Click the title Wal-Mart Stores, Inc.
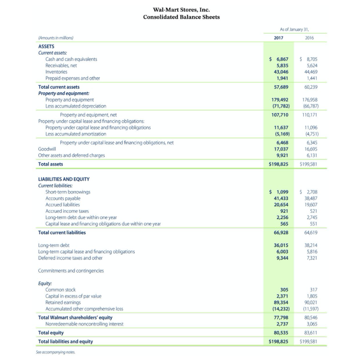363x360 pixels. [x=181, y=9]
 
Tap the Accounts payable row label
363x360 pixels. [x=63, y=198]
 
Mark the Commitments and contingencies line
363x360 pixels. [x=71, y=271]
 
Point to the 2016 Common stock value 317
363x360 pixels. [x=313, y=290]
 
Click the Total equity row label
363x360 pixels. [x=51, y=333]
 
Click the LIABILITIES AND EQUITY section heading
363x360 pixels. [x=64, y=179]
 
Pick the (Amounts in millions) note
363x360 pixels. [x=56, y=38]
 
